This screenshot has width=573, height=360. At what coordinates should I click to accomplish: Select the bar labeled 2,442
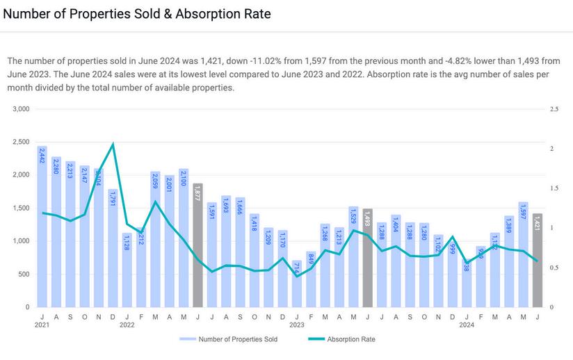[x=42, y=229]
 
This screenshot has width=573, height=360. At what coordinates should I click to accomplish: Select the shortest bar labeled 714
[x=297, y=285]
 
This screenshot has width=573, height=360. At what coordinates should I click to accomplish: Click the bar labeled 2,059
[x=155, y=240]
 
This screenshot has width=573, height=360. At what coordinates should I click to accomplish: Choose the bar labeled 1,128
[x=127, y=271]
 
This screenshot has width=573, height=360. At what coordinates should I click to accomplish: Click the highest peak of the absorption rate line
[x=113, y=144]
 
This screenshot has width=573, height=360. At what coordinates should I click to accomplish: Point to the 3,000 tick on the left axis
[x=22, y=109]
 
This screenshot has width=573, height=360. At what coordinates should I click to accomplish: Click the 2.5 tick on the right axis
[x=554, y=109]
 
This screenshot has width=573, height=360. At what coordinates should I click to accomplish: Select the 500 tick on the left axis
[x=24, y=274]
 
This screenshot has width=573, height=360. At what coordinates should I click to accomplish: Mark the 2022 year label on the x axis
[x=127, y=325]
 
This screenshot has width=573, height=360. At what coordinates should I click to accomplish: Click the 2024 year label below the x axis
[x=467, y=325]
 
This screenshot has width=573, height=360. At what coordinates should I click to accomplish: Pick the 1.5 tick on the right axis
[x=554, y=188]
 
